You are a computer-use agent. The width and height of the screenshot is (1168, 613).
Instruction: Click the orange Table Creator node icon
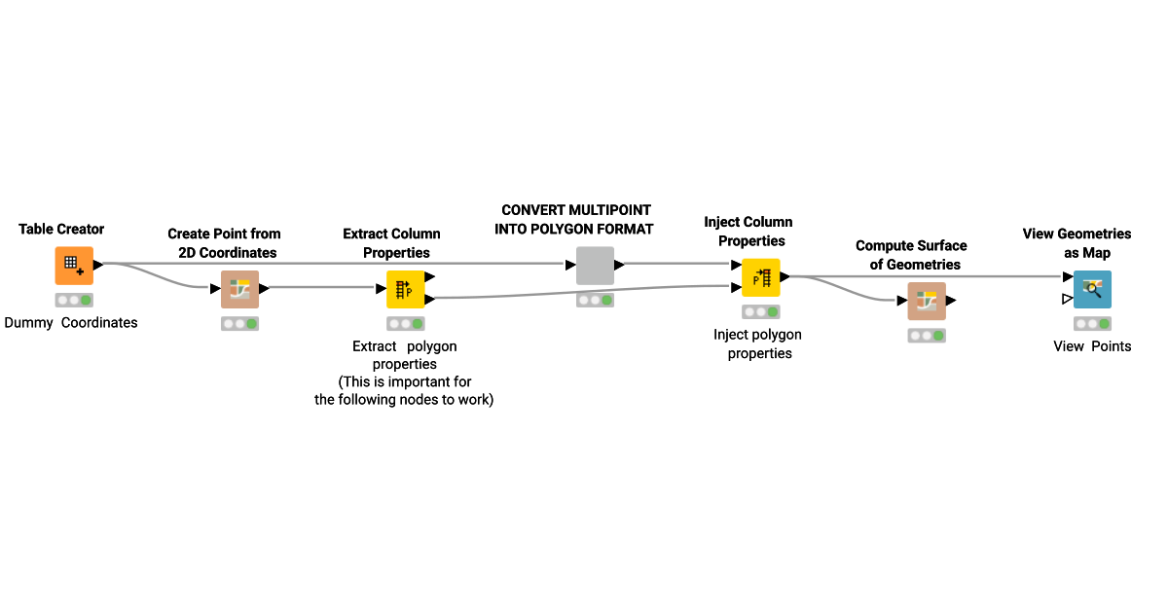click(74, 266)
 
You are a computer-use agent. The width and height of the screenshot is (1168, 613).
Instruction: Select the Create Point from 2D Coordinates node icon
click(239, 289)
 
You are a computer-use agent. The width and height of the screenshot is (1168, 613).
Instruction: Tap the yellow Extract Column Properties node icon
click(405, 289)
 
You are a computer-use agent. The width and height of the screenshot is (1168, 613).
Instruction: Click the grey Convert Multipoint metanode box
click(595, 266)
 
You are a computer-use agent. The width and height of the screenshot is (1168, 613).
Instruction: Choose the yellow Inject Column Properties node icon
click(760, 277)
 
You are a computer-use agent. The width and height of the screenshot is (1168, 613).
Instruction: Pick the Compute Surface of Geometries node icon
click(927, 301)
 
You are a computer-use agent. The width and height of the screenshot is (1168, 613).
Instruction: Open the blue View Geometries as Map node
click(1092, 289)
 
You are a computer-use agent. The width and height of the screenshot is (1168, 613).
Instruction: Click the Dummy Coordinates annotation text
click(71, 322)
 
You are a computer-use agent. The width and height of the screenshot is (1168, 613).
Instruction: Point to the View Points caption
click(1092, 345)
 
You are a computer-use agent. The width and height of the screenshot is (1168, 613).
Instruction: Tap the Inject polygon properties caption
click(758, 343)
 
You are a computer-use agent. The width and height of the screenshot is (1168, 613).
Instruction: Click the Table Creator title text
click(61, 229)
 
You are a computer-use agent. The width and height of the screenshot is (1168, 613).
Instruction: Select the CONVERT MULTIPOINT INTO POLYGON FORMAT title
click(573, 220)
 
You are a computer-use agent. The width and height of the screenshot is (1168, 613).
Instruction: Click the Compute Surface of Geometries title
click(911, 255)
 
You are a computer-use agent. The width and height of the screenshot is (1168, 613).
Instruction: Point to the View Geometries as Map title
click(1077, 243)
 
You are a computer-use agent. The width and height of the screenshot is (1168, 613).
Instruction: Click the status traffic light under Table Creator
click(74, 301)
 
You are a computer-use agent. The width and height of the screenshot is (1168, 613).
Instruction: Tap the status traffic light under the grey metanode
click(595, 301)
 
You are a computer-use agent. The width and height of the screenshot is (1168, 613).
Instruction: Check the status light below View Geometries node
click(1092, 324)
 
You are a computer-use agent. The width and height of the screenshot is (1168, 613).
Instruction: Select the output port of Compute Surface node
click(951, 301)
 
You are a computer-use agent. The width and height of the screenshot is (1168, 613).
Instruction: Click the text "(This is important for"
click(405, 381)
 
